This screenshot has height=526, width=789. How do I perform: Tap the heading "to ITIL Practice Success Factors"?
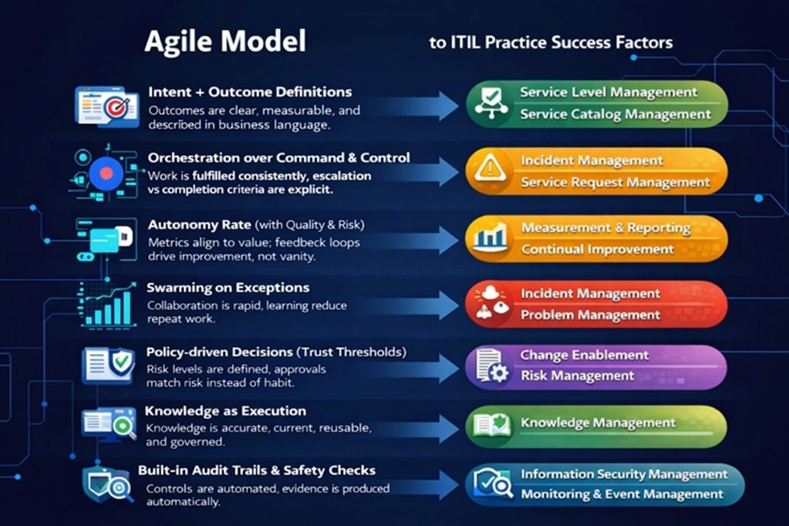[x=551, y=42]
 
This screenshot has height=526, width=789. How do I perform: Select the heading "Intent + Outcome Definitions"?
[x=250, y=92]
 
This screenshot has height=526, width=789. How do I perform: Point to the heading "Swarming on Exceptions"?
[x=228, y=288]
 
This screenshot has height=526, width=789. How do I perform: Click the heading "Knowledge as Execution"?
[x=225, y=410]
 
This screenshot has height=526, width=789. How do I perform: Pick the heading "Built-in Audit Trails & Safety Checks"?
[x=256, y=471]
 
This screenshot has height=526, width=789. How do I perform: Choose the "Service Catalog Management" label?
[x=615, y=114]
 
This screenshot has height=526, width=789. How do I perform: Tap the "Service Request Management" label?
[x=615, y=182]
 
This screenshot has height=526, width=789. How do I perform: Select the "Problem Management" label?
[x=590, y=315]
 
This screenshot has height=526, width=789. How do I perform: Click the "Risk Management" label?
[x=577, y=375]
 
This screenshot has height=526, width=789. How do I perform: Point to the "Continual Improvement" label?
[x=598, y=249]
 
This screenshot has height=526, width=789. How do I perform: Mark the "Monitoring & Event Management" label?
[x=622, y=494]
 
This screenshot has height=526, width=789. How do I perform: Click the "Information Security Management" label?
[x=624, y=474]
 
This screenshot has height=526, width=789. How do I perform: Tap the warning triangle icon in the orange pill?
[x=490, y=169]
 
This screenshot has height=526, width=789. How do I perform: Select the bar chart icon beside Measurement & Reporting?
[x=490, y=238]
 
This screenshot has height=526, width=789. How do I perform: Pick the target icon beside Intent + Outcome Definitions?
[x=115, y=108]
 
